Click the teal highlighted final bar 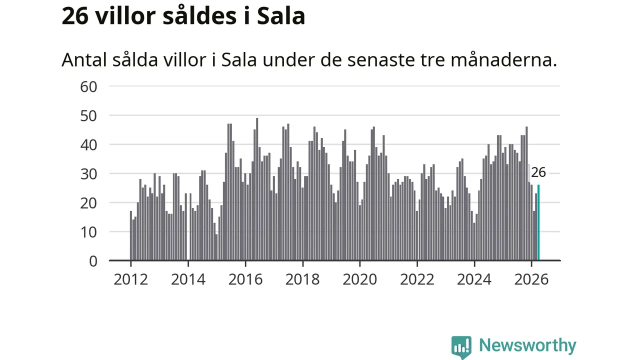538,222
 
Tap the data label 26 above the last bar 538,172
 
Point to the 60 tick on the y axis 88,87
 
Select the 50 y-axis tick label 88,116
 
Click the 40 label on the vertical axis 88,145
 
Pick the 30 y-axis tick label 88,174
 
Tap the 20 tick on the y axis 88,203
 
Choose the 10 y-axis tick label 88,232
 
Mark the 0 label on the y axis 93,261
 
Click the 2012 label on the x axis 131,279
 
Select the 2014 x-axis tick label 188,279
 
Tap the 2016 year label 245,279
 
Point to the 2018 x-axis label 302,279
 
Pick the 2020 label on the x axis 360,279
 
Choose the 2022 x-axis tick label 417,279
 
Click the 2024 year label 474,279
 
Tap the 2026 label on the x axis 531,279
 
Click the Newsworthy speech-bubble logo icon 461,347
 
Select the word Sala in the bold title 281,16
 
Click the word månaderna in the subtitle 504,60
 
